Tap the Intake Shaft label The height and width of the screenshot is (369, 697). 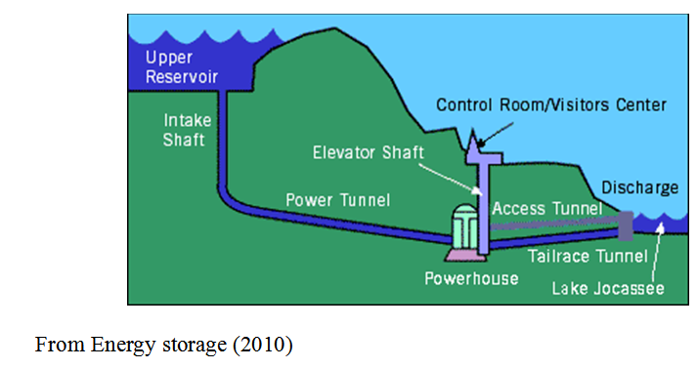click(x=185, y=131)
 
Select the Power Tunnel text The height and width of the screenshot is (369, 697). click(x=337, y=200)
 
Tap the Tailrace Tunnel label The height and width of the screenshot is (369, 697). click(x=597, y=257)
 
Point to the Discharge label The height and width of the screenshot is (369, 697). click(x=637, y=186)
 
